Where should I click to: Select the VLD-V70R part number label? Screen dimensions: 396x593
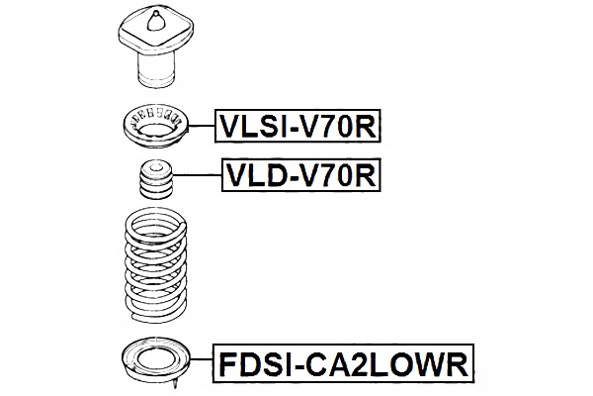[299, 177]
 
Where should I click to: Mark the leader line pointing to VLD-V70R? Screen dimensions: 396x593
[198, 177]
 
